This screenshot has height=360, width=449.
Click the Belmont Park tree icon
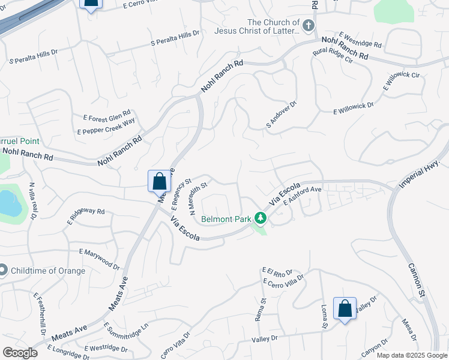(261, 218)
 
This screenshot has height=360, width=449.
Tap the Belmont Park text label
(226, 219)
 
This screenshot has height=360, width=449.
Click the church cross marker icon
(308, 25)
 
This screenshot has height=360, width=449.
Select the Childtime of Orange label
(47, 271)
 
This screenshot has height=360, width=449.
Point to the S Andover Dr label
(282, 115)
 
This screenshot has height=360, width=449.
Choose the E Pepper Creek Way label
(106, 127)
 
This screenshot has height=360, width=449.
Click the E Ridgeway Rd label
(86, 217)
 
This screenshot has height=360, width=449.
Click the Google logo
(20, 353)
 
